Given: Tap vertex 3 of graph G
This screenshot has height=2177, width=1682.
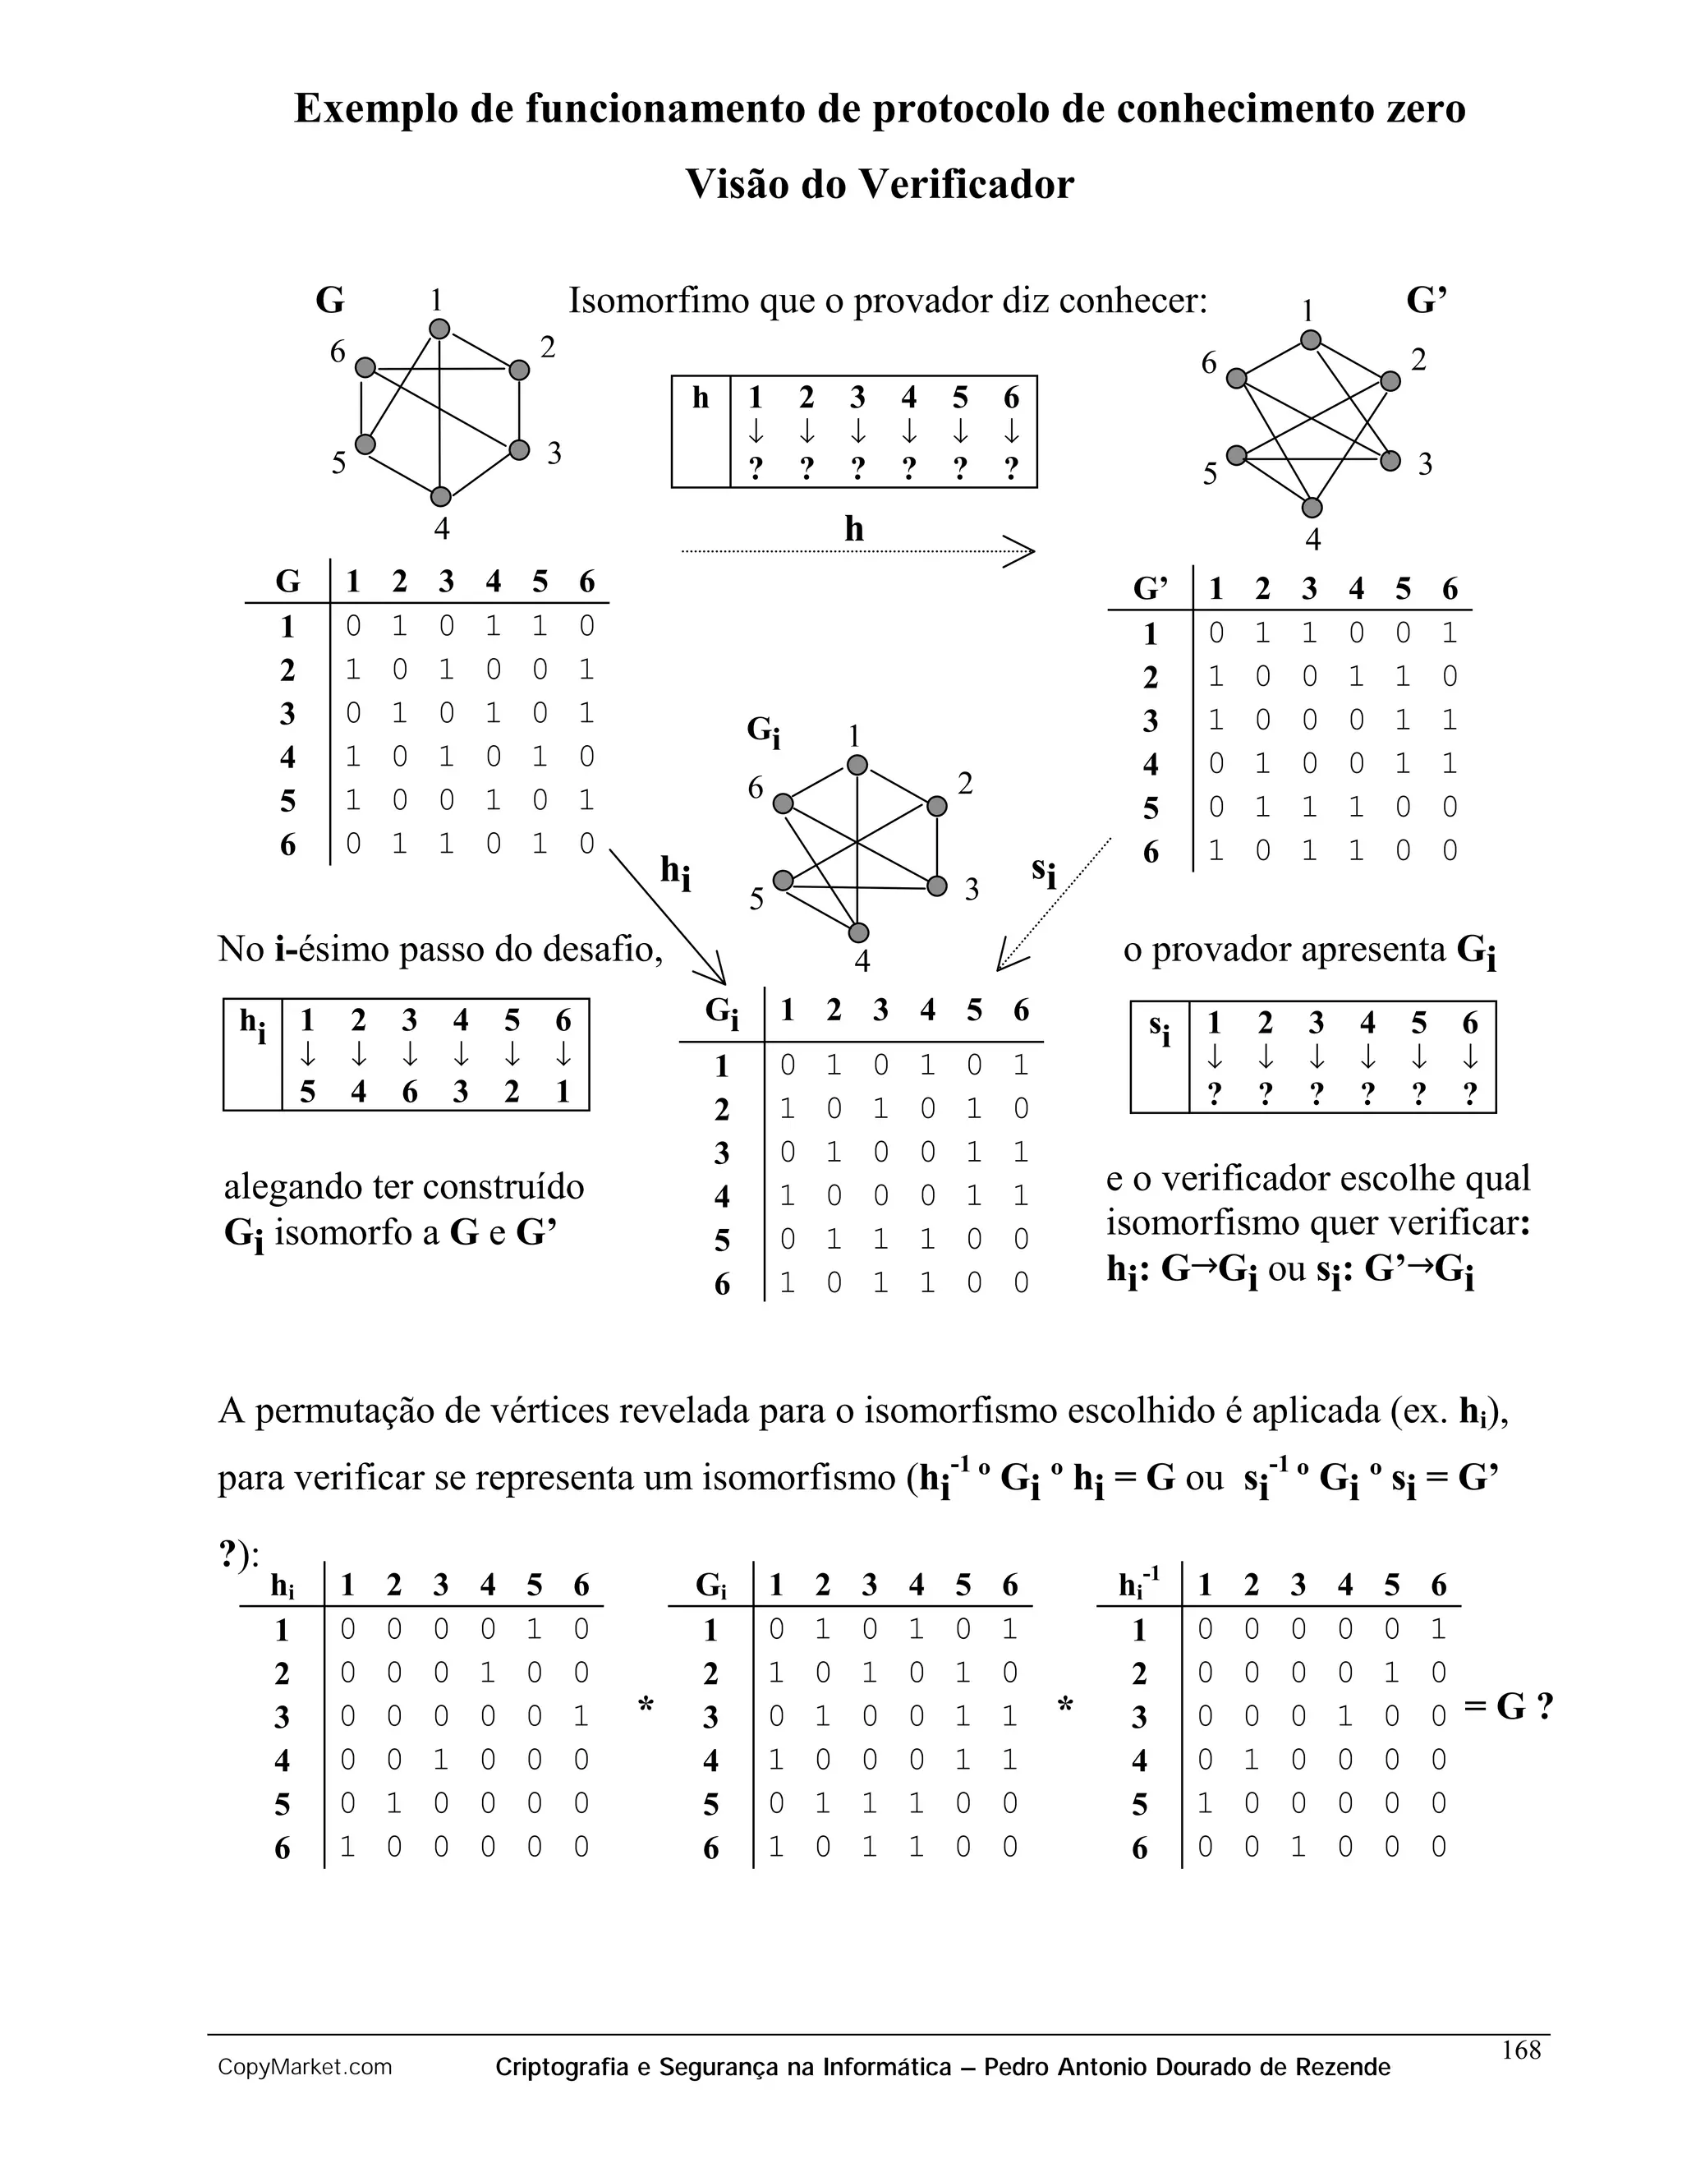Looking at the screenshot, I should pyautogui.click(x=518, y=449).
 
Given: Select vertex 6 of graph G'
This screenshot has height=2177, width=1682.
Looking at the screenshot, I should pyautogui.click(x=1237, y=378).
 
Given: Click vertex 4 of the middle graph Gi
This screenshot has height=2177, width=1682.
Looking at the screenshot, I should pyautogui.click(x=859, y=933).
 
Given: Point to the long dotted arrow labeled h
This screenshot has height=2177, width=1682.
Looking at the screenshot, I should pyautogui.click(x=857, y=550).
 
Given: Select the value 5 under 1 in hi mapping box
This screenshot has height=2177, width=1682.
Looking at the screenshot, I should pyautogui.click(x=308, y=1093).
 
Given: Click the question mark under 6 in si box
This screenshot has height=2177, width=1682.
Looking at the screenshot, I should pyautogui.click(x=1470, y=1095).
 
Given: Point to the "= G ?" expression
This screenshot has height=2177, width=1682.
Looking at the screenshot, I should pyautogui.click(x=1509, y=1708).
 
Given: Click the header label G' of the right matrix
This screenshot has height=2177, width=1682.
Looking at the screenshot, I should pyautogui.click(x=1151, y=589).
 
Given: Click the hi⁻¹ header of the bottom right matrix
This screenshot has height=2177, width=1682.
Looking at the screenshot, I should pyautogui.click(x=1139, y=1584).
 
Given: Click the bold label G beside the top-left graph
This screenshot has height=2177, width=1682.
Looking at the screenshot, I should pyautogui.click(x=330, y=300).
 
